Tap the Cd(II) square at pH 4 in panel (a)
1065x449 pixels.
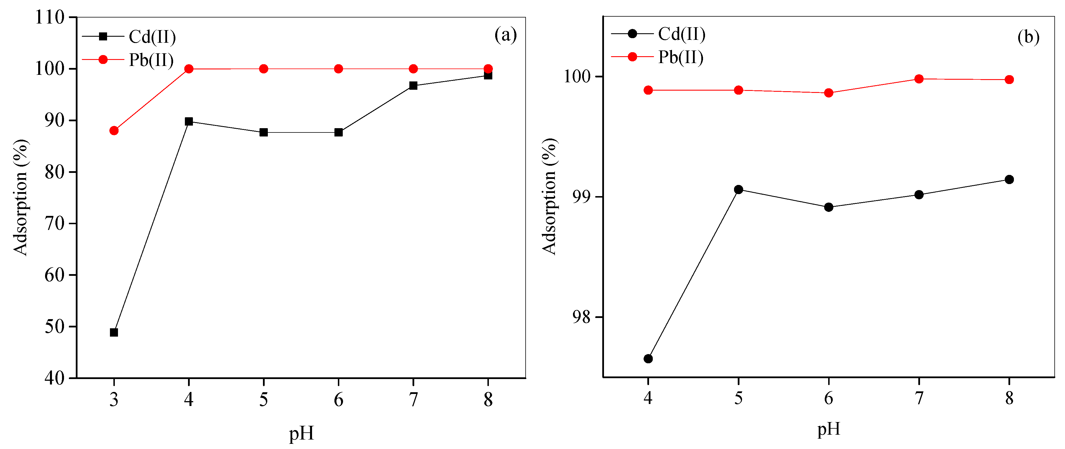pos(189,122)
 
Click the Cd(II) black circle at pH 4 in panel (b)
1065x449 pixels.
pos(648,358)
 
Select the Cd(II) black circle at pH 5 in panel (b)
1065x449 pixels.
pos(738,190)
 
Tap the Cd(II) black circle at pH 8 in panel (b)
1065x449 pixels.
pos(1009,179)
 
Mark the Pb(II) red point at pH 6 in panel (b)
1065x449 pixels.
pos(828,93)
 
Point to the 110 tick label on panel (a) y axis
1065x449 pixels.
pos(50,17)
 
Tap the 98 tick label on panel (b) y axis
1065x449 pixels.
pos(582,317)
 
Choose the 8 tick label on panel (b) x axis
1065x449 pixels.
pos(1009,398)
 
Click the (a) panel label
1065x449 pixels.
pos(505,35)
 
